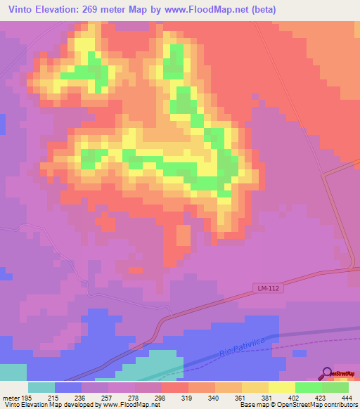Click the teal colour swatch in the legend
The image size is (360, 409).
click(41, 387)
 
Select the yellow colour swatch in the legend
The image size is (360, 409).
click(282, 387)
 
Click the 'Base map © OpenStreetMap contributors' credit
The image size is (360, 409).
click(298, 405)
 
